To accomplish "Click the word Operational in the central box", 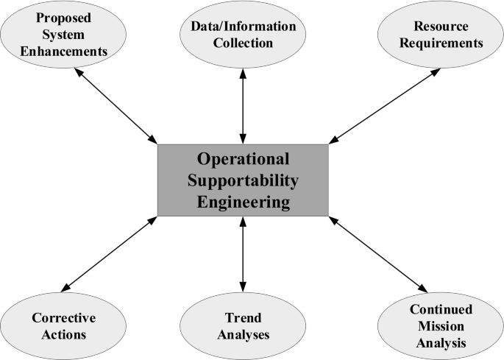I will (243, 158).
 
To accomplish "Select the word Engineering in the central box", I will (243, 200).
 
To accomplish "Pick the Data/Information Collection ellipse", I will (243, 35).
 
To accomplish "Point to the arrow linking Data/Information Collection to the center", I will (243, 102).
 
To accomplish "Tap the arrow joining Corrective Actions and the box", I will (110, 253).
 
